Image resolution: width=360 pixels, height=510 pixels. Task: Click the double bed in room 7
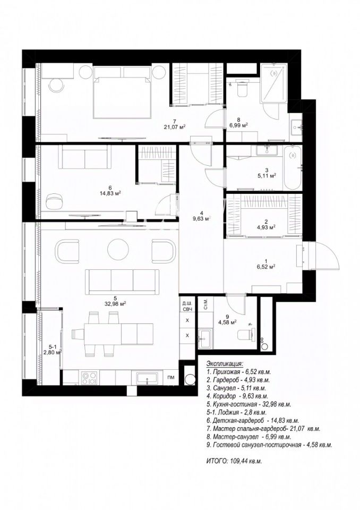123,92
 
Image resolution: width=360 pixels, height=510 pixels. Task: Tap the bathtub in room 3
292,168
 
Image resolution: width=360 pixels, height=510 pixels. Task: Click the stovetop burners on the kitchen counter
89,378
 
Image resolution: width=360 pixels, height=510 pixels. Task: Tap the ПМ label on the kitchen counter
170,377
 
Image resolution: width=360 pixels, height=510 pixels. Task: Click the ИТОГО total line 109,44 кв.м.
234,461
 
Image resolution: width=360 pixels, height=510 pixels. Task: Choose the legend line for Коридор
237,396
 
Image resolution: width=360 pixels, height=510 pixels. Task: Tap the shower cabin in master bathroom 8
274,83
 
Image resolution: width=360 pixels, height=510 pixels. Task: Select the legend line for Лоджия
236,412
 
